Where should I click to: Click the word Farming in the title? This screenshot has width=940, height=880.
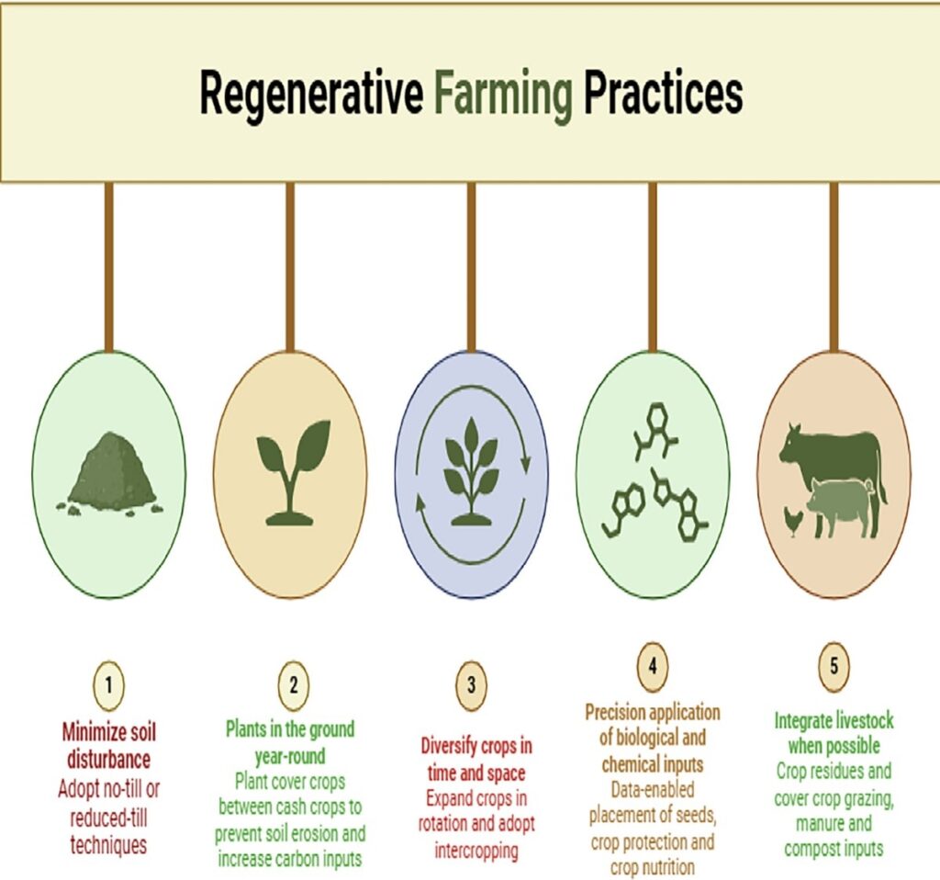click(503, 96)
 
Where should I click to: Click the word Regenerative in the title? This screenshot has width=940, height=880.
click(311, 96)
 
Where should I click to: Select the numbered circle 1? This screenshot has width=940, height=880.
click(108, 685)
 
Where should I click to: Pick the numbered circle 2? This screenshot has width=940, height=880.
click(293, 685)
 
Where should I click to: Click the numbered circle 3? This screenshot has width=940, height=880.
click(471, 685)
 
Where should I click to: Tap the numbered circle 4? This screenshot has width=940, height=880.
click(653, 666)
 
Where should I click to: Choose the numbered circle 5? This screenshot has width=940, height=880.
click(834, 666)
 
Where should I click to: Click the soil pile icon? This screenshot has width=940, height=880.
click(110, 474)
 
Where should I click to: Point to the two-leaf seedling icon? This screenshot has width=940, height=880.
click(292, 472)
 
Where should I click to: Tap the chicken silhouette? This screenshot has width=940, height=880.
click(792, 521)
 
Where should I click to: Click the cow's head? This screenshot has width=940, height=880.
click(792, 444)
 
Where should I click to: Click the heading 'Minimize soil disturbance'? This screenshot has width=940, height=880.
click(108, 746)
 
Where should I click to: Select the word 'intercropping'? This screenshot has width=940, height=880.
click(476, 851)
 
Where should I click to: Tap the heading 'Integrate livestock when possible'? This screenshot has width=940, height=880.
click(834, 732)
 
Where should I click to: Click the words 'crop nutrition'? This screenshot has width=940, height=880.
click(653, 867)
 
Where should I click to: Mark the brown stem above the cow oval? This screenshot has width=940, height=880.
click(834, 267)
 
